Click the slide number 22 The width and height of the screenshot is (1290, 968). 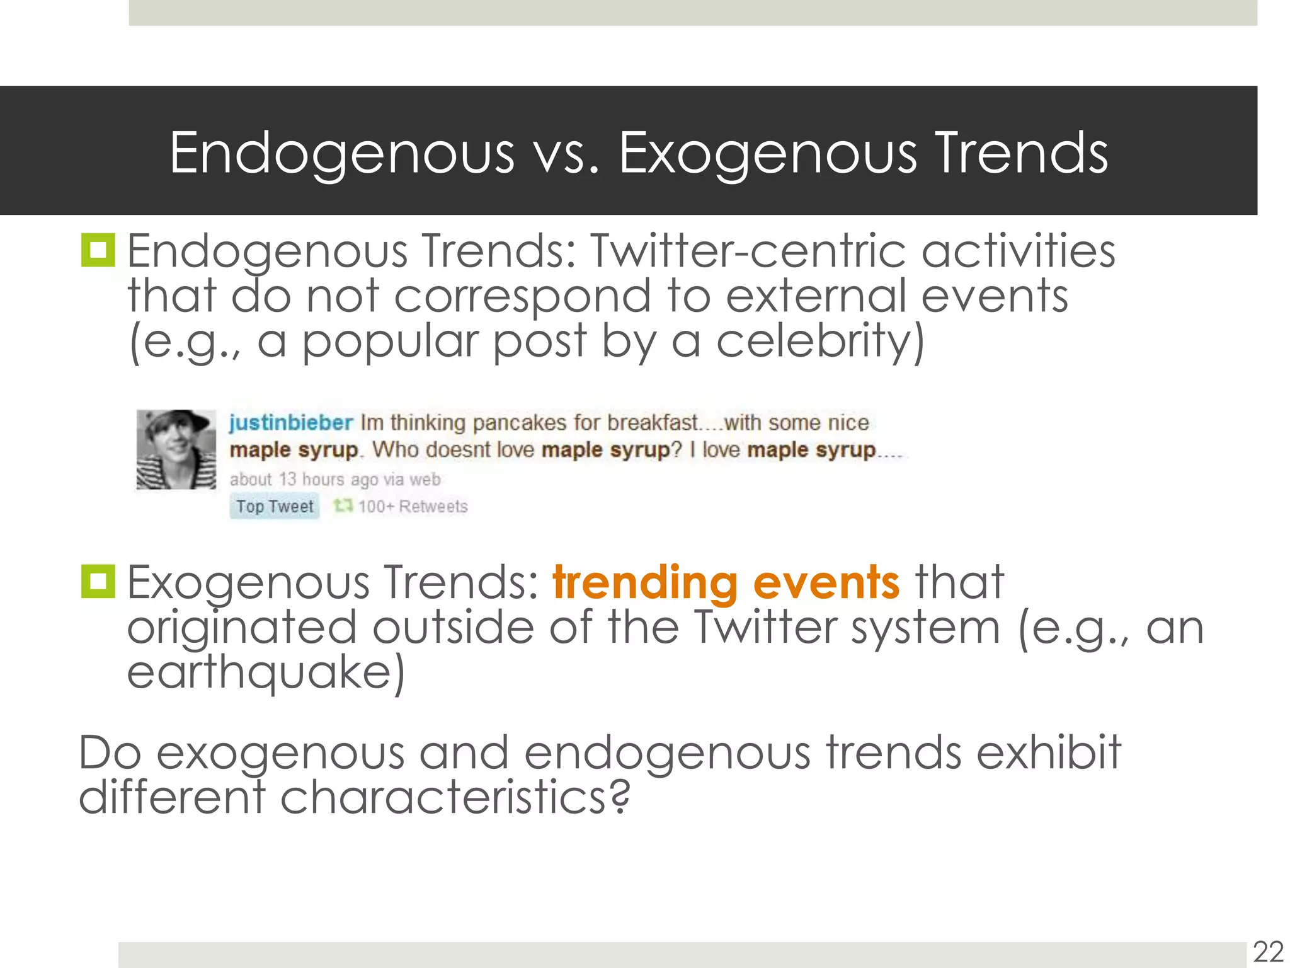pyautogui.click(x=1268, y=952)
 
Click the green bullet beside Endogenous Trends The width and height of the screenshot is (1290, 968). pyautogui.click(x=98, y=250)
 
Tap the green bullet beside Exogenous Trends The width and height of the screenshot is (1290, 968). pyautogui.click(x=98, y=581)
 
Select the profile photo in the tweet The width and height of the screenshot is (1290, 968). pyautogui.click(x=176, y=449)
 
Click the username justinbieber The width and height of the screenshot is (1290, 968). pyautogui.click(x=290, y=422)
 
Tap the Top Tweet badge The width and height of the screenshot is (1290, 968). pyautogui.click(x=275, y=507)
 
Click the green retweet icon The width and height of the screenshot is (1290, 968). pyautogui.click(x=343, y=505)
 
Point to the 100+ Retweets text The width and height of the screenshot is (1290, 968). pyautogui.click(x=413, y=507)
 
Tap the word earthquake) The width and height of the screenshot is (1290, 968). pyautogui.click(x=266, y=672)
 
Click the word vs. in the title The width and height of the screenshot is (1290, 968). pyautogui.click(x=566, y=153)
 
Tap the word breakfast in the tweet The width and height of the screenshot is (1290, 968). pyautogui.click(x=653, y=423)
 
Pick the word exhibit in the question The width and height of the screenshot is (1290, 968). pyautogui.click(x=1048, y=752)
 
